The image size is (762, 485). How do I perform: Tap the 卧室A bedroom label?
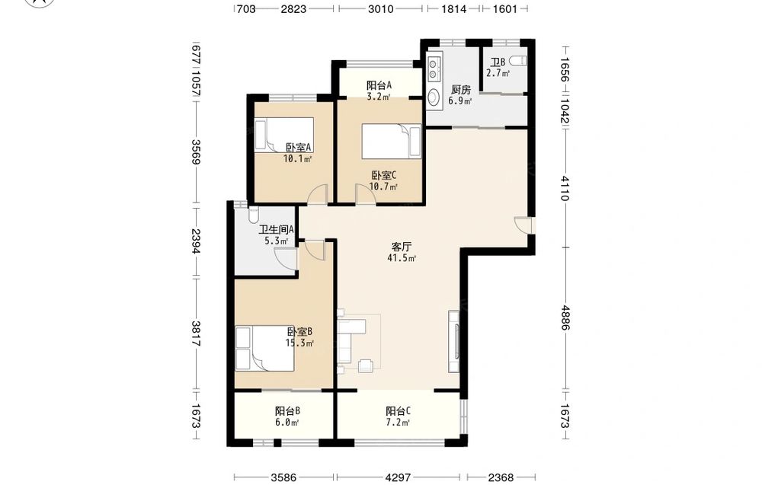[299, 147]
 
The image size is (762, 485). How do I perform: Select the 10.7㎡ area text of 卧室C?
[383, 187]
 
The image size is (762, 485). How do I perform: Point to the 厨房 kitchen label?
[461, 90]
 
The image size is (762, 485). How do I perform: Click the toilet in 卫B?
[518, 61]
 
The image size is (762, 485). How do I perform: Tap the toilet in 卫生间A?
[253, 214]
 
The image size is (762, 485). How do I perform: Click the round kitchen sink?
[433, 97]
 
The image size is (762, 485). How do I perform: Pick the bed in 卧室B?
[265, 349]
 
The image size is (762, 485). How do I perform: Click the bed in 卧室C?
[391, 141]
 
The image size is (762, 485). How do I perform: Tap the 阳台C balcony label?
[399, 411]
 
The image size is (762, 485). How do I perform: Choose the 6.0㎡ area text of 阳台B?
[287, 423]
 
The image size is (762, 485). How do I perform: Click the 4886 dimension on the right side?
[565, 317]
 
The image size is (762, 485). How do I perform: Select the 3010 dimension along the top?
[380, 8]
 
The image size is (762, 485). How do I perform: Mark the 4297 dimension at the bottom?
[398, 477]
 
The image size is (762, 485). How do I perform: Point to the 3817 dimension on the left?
[195, 333]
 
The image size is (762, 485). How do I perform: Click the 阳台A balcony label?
[379, 85]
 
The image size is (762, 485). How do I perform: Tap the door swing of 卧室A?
[317, 195]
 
